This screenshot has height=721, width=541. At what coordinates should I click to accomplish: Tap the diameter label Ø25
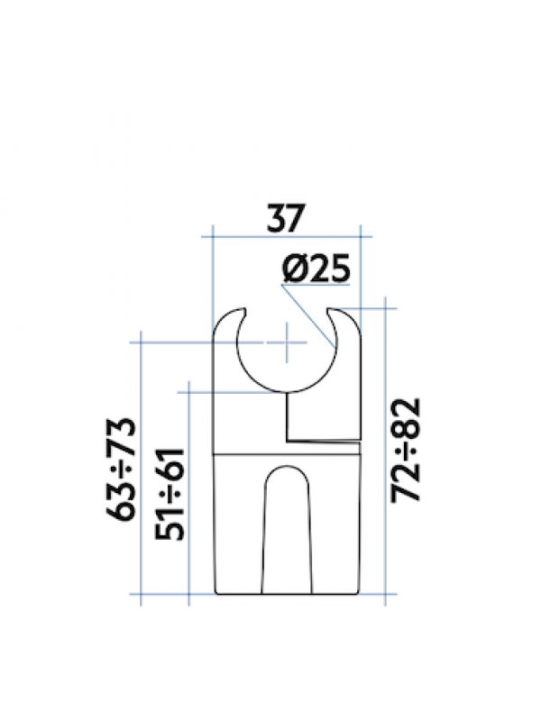pyautogui.click(x=314, y=269)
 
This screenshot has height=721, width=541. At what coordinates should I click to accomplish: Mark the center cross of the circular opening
pyautogui.click(x=287, y=342)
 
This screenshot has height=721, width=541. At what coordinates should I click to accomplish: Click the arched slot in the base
pyautogui.click(x=287, y=532)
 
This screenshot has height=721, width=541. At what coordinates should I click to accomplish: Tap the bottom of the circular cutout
pyautogui.click(x=287, y=394)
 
